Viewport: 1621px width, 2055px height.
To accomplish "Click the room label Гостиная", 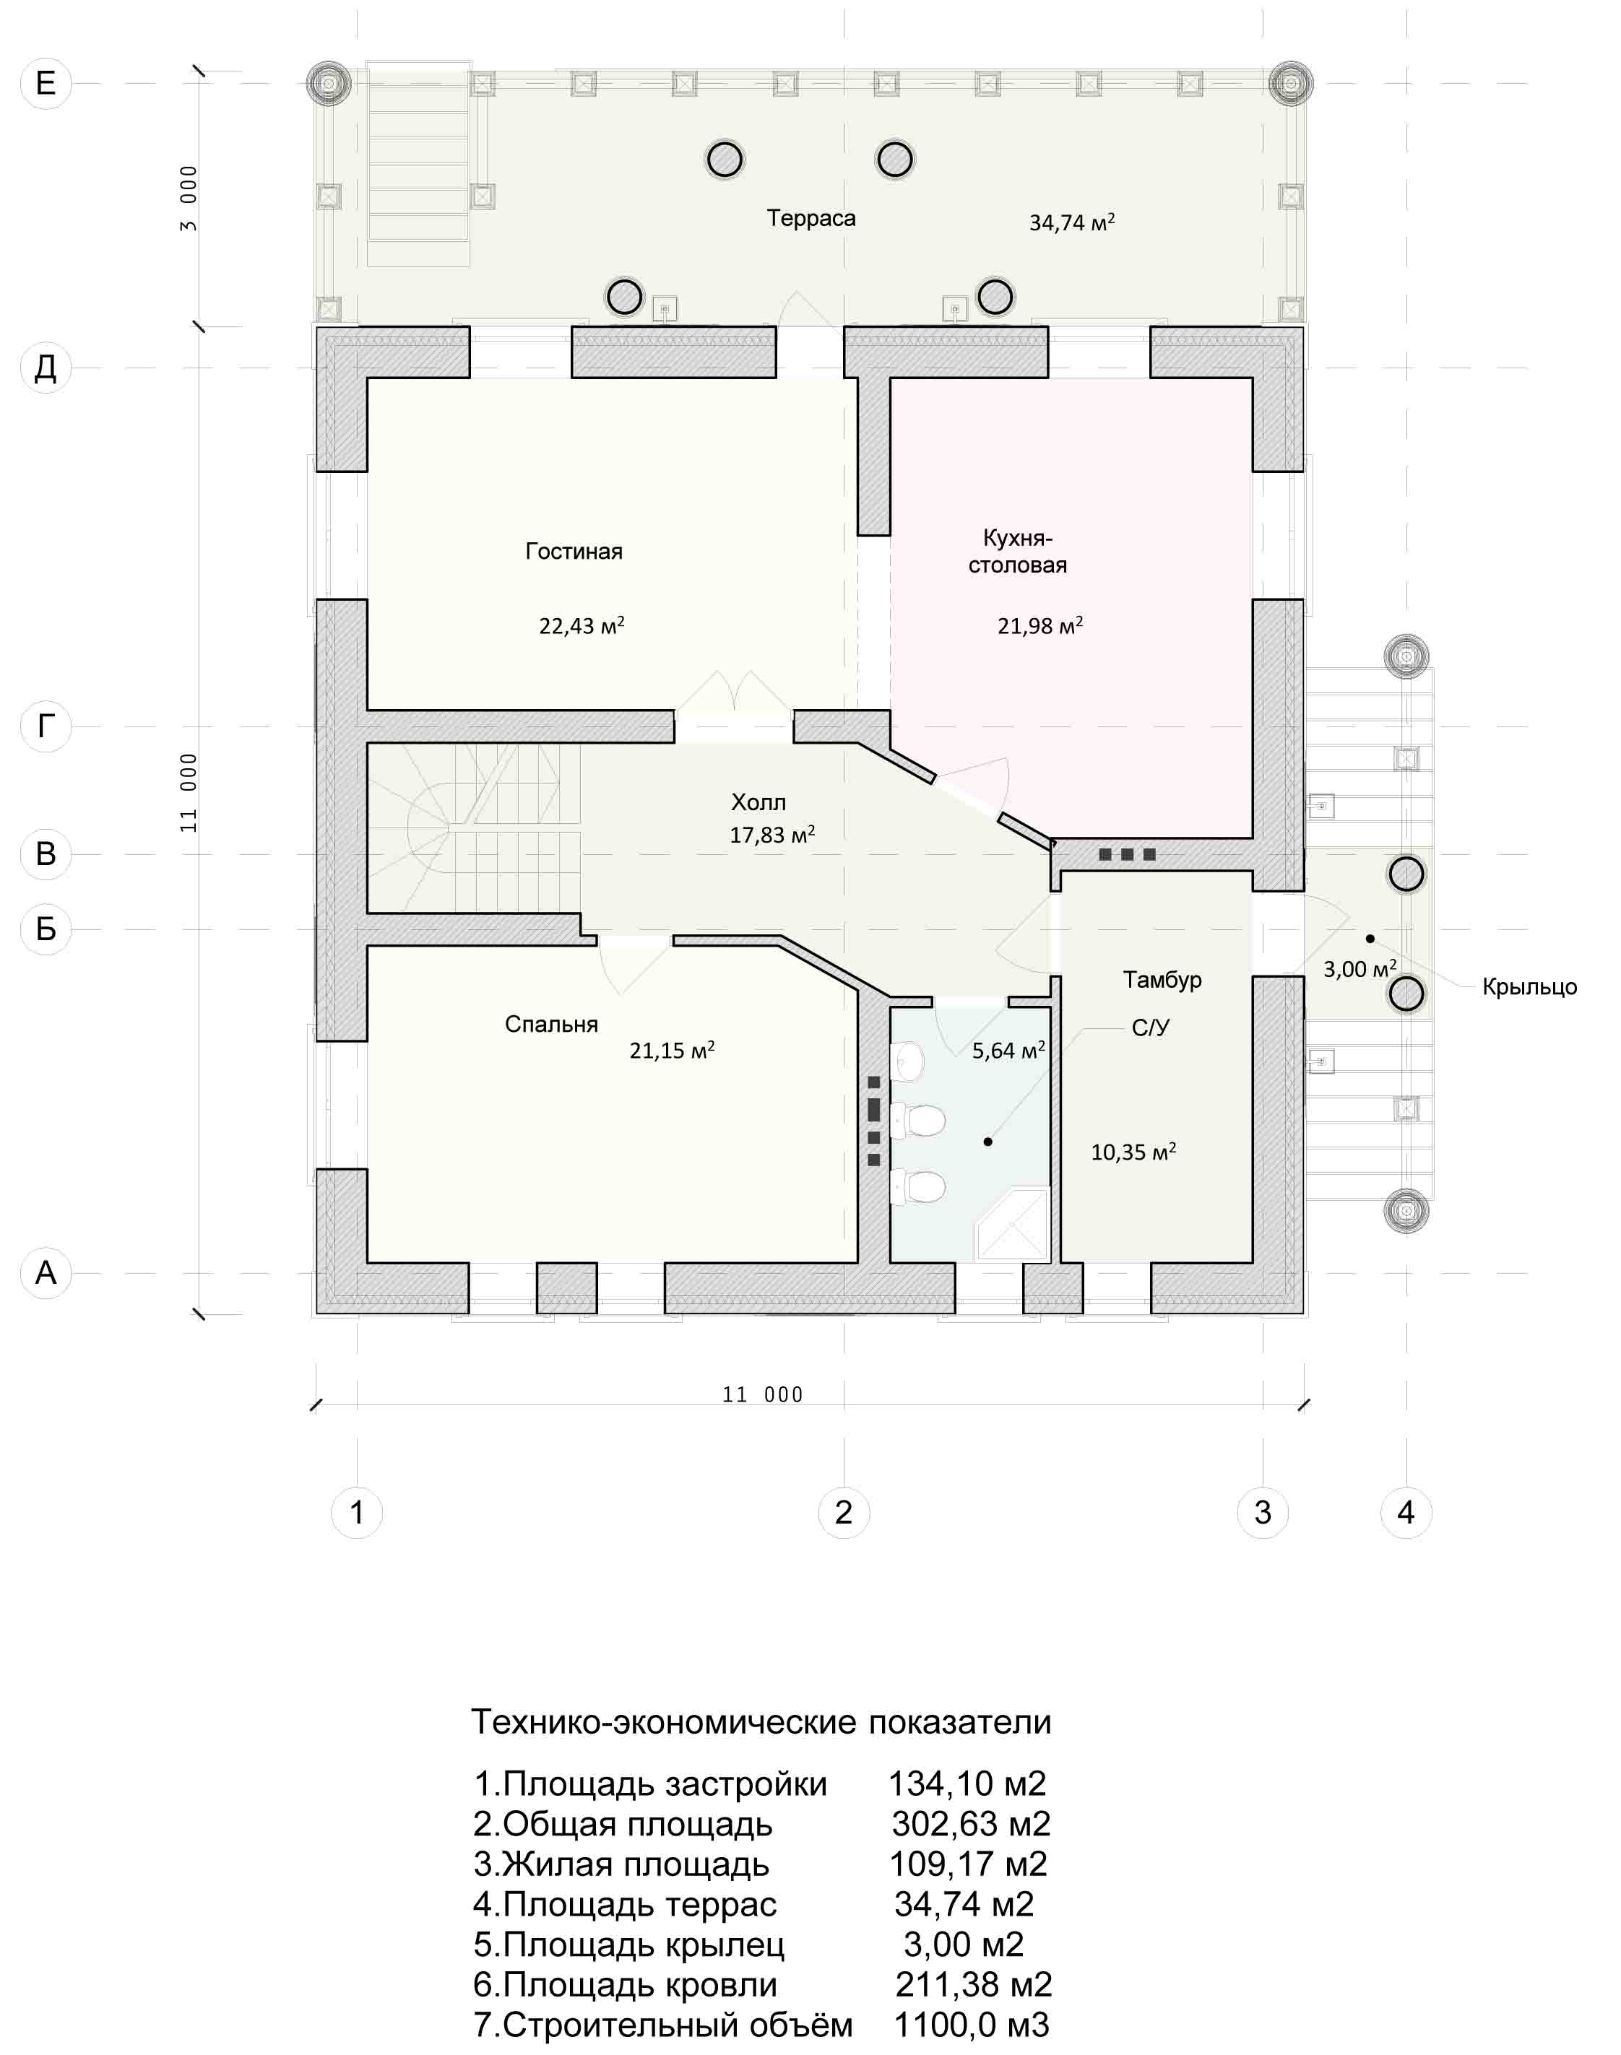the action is pyautogui.click(x=574, y=551).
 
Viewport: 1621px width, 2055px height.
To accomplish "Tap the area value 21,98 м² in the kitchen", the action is pyautogui.click(x=1040, y=625).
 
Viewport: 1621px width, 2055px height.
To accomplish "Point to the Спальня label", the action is pyautogui.click(x=551, y=1024).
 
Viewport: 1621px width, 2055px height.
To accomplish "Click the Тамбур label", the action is pyautogui.click(x=1162, y=979).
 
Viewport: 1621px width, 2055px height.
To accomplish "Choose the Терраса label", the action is pyautogui.click(x=811, y=218).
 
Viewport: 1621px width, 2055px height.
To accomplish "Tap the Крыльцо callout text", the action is pyautogui.click(x=1530, y=987).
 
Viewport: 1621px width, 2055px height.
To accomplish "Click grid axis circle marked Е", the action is pyautogui.click(x=46, y=84).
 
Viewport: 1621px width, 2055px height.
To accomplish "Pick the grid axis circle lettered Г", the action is pyautogui.click(x=46, y=726).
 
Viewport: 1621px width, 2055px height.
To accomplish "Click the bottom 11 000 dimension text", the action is pyautogui.click(x=762, y=1394).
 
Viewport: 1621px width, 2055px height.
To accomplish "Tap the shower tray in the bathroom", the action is pyautogui.click(x=1013, y=1224).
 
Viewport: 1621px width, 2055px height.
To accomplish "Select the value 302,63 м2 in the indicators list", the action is pyautogui.click(x=971, y=1823).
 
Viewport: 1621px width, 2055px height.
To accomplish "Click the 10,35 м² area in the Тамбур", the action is pyautogui.click(x=1133, y=1152).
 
